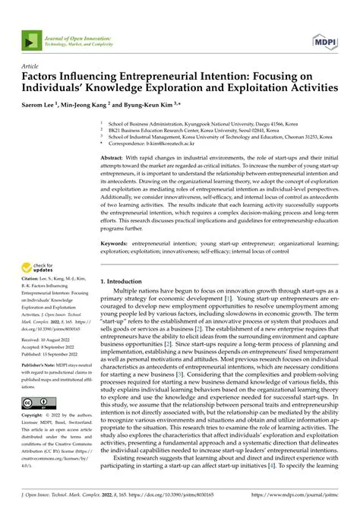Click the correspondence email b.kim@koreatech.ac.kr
162,141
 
